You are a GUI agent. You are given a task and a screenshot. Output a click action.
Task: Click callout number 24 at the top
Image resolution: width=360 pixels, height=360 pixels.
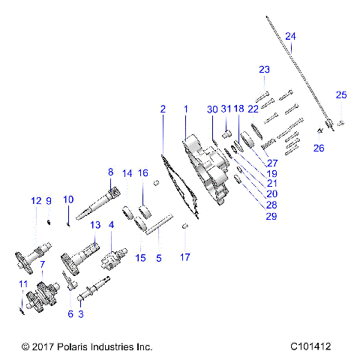(290, 37)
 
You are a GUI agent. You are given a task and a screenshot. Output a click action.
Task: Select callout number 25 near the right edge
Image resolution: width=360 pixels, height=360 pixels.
(341, 94)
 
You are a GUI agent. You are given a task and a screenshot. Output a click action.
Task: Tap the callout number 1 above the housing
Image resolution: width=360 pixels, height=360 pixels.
(186, 109)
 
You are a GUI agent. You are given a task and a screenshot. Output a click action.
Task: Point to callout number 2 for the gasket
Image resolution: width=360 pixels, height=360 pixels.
(162, 109)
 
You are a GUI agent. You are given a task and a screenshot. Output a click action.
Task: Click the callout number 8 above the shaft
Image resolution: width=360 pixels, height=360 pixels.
(110, 171)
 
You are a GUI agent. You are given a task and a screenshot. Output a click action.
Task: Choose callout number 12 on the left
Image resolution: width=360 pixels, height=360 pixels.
(35, 200)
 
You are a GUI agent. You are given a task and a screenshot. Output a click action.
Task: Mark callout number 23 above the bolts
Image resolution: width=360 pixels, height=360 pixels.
(263, 70)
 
